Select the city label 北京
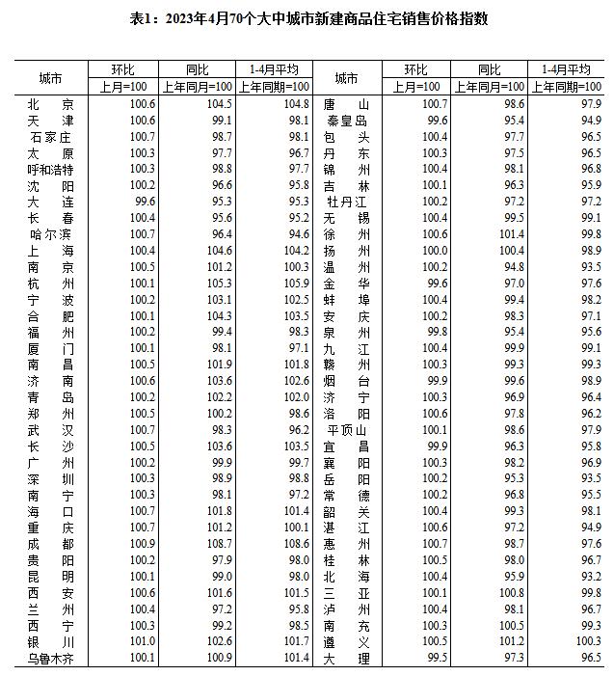50,103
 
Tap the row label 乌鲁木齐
50,658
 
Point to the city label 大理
346,658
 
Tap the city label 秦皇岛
346,120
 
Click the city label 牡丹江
346,201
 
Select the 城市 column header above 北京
50,77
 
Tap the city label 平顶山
346,429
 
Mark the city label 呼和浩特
50,169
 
